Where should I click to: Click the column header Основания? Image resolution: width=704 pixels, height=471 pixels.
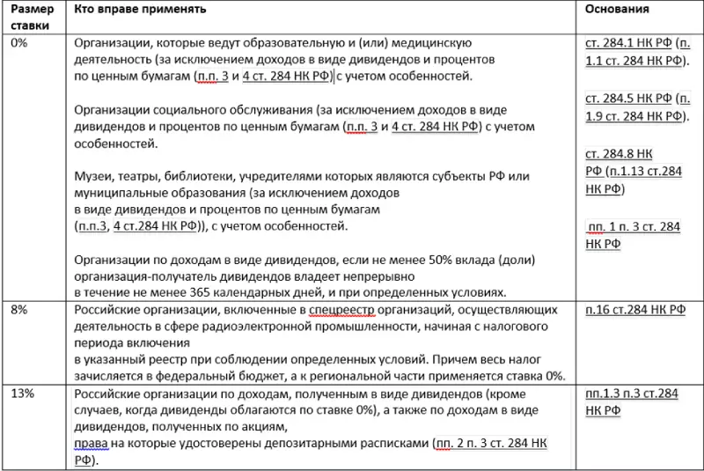[x=618, y=10]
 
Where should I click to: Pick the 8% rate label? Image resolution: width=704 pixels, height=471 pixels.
[x=19, y=310]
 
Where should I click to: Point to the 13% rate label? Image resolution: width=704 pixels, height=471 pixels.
[x=22, y=393]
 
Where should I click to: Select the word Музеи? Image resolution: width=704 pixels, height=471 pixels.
[x=94, y=176]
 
